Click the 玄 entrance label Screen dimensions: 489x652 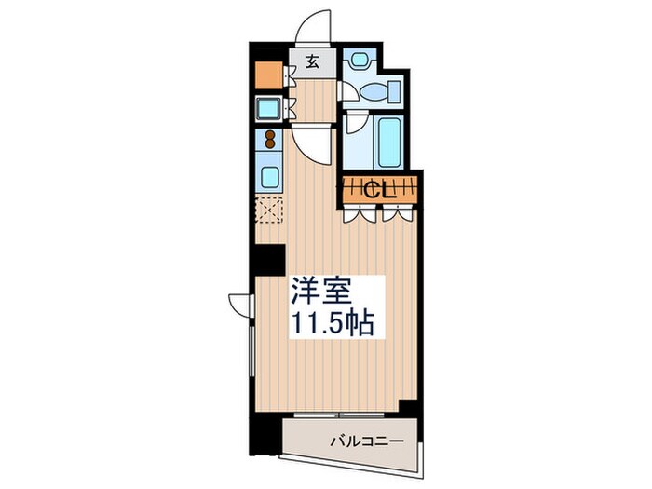point(313,63)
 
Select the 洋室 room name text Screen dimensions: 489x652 point(321,292)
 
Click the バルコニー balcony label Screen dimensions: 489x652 point(364,440)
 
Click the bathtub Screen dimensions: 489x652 point(389,140)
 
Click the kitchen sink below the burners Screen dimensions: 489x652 point(270,175)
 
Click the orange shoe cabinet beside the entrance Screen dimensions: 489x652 point(268,73)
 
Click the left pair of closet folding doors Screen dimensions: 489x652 point(356,211)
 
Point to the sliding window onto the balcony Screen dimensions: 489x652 point(341,412)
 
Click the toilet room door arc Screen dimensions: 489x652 point(346,91)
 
